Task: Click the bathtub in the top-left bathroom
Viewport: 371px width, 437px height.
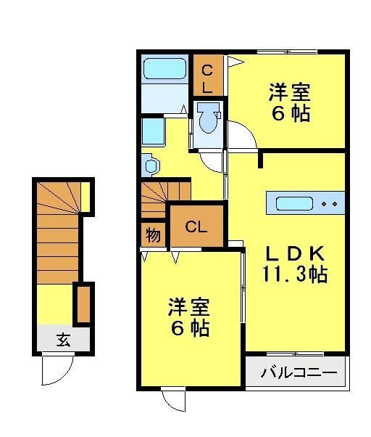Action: coord(165,70)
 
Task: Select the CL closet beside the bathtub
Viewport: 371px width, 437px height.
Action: coord(207,78)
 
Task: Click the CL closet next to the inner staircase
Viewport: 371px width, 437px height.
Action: coord(196,226)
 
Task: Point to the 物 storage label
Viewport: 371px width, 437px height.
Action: coord(153,235)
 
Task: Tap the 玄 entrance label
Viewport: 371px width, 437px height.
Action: coord(64,339)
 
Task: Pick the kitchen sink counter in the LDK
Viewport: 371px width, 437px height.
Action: coord(302,203)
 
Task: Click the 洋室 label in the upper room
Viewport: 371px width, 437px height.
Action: coord(290,94)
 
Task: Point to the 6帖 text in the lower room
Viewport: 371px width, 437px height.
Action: coord(191,328)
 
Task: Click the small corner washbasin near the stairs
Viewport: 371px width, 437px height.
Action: coord(150,166)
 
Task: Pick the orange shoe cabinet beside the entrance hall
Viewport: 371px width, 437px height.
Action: coord(83,305)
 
